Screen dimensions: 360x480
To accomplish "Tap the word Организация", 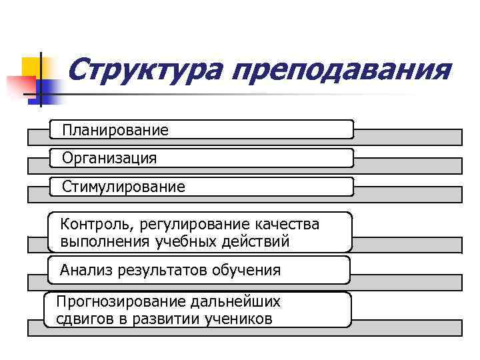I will (109, 159).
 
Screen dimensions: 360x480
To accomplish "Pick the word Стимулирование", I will (123, 187).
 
